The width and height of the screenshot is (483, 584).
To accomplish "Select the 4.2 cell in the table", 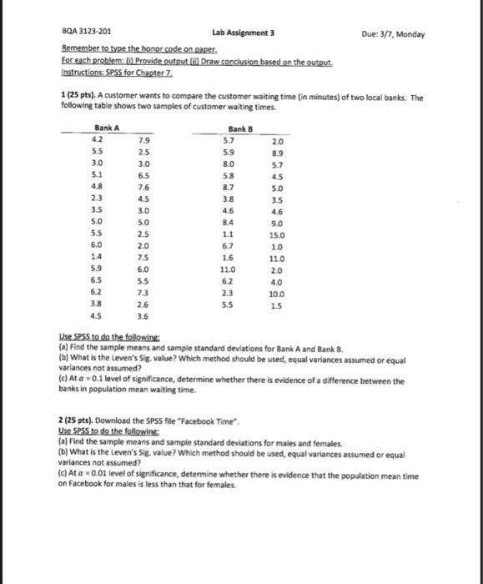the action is pos(96,141).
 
